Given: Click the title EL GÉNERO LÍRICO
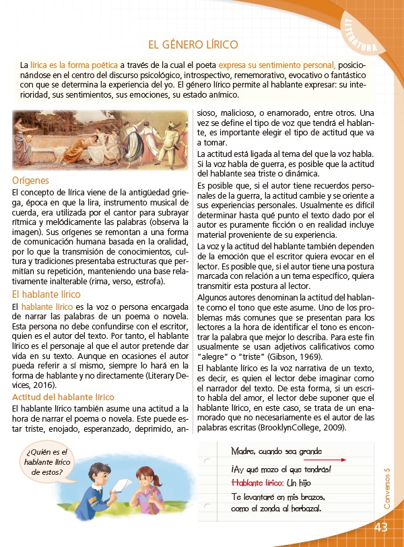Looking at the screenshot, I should click(x=193, y=45).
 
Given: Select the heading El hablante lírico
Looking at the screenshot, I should click(x=46, y=294).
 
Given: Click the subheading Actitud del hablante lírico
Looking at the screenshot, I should click(x=63, y=397).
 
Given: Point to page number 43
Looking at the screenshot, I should click(x=381, y=527).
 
